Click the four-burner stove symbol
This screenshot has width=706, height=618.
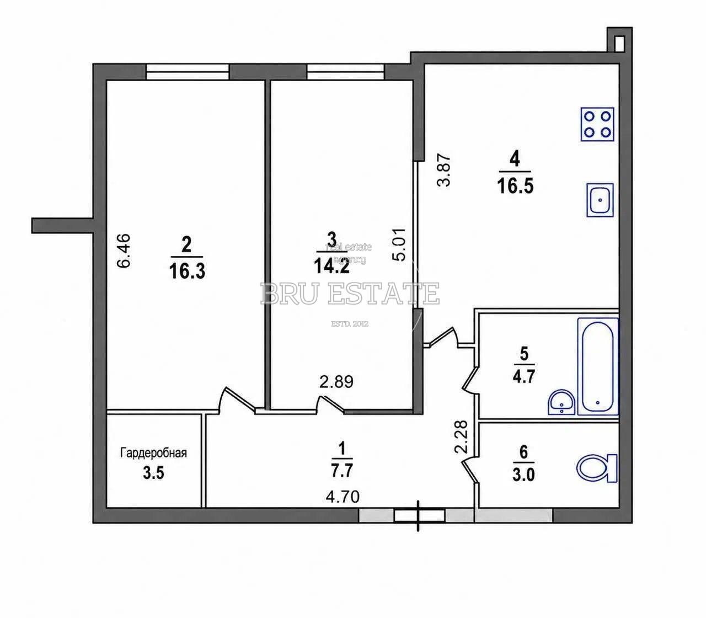(x=597, y=124)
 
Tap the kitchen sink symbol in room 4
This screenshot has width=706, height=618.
(x=600, y=200)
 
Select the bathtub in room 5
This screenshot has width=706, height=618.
(x=598, y=366)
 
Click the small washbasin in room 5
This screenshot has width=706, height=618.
(x=561, y=403)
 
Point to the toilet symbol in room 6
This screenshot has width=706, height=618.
(x=596, y=468)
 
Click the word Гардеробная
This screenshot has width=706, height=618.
(x=153, y=452)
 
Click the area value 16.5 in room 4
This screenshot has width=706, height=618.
(x=515, y=187)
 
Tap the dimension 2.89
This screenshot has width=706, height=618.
(x=336, y=382)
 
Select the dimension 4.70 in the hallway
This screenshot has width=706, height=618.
(x=343, y=497)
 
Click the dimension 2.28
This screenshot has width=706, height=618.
(x=461, y=436)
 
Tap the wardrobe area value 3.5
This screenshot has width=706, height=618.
(x=153, y=473)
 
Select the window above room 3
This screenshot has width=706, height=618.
(x=345, y=72)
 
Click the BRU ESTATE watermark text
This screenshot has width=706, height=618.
(x=350, y=293)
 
